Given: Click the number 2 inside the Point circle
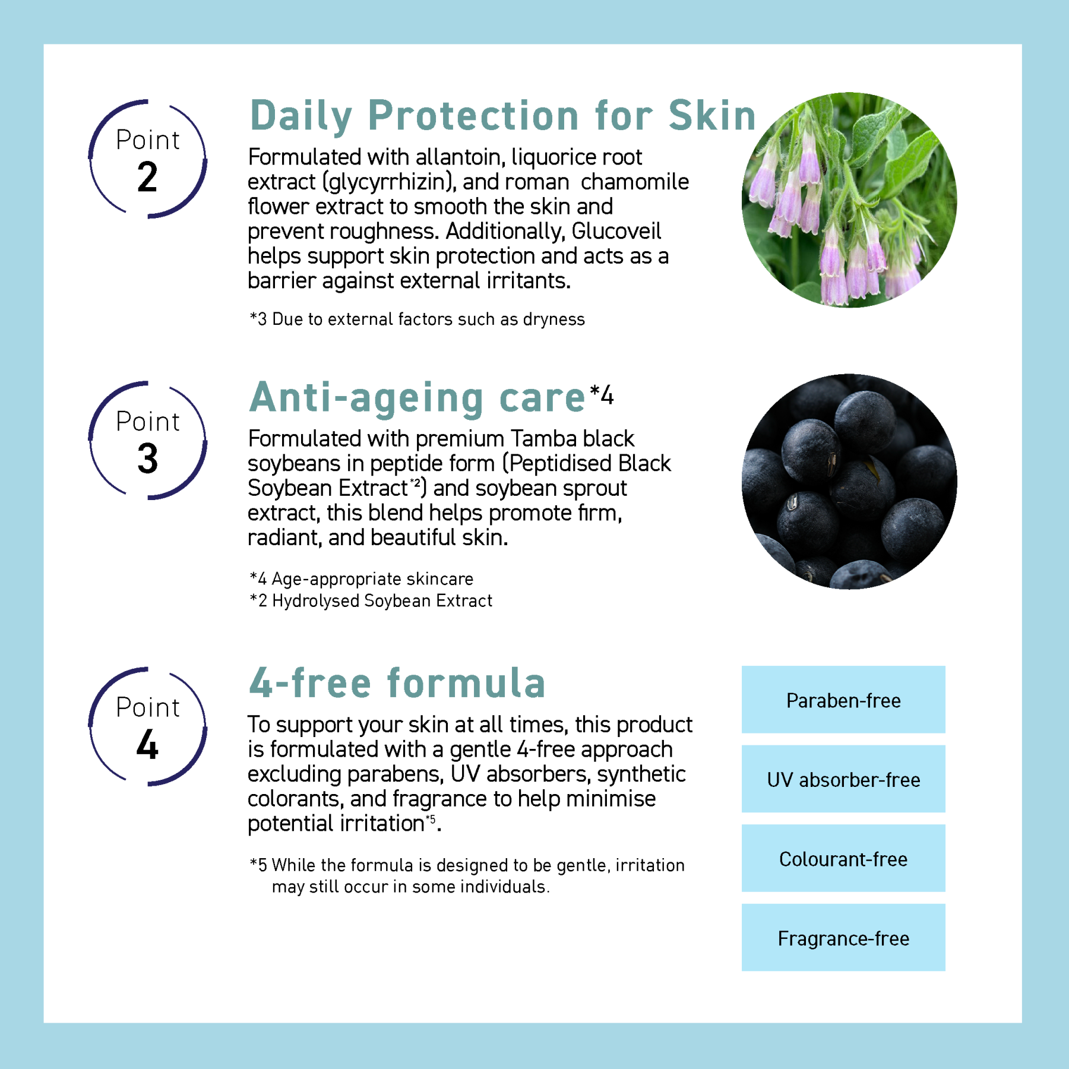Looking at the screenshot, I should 147,178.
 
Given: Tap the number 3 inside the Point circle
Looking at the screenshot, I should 147,459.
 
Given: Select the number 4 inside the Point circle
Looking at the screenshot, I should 147,745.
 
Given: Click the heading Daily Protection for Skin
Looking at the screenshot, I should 502,115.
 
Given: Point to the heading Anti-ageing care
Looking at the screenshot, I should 418,397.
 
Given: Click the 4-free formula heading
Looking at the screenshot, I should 397,683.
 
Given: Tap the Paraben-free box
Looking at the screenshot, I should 843,700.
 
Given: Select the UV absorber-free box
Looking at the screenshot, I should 843,779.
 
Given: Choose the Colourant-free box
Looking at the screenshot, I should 843,859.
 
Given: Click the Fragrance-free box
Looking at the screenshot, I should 843,938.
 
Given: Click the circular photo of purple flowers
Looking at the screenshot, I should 849,200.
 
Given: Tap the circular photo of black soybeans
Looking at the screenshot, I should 849,482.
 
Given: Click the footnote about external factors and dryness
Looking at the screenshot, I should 417,320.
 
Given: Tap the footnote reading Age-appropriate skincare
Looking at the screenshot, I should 362,579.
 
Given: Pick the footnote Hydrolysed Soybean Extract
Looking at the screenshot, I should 371,601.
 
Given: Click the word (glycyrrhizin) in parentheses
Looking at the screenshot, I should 389,182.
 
